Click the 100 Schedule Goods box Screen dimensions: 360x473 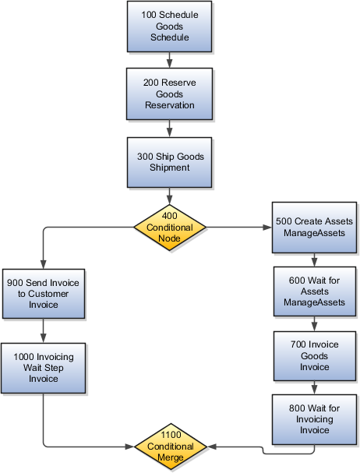point(169,26)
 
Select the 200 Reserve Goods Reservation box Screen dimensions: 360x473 point(169,94)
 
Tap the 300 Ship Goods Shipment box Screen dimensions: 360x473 point(169,162)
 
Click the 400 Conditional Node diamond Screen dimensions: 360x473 point(170,228)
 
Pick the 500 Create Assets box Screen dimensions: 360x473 point(314,228)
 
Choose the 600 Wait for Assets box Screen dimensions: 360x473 point(315,291)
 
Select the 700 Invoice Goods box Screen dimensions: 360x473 point(315,356)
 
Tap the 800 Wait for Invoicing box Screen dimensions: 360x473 point(314,419)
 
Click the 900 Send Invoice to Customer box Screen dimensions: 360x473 point(44,294)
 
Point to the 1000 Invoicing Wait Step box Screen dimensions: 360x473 point(43,368)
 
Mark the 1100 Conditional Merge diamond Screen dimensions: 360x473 point(171,447)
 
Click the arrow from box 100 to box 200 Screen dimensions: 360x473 point(169,60)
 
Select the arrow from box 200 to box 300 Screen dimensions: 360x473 point(169,129)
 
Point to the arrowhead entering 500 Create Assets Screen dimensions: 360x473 point(267,227)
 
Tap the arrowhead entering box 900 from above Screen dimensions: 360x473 point(44,264)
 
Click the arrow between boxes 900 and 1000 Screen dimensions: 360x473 point(43,330)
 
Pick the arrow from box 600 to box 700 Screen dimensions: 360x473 point(314,323)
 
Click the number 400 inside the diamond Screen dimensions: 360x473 point(170,216)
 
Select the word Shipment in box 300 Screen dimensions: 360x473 point(170,168)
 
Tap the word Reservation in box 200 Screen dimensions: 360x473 point(170,105)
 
